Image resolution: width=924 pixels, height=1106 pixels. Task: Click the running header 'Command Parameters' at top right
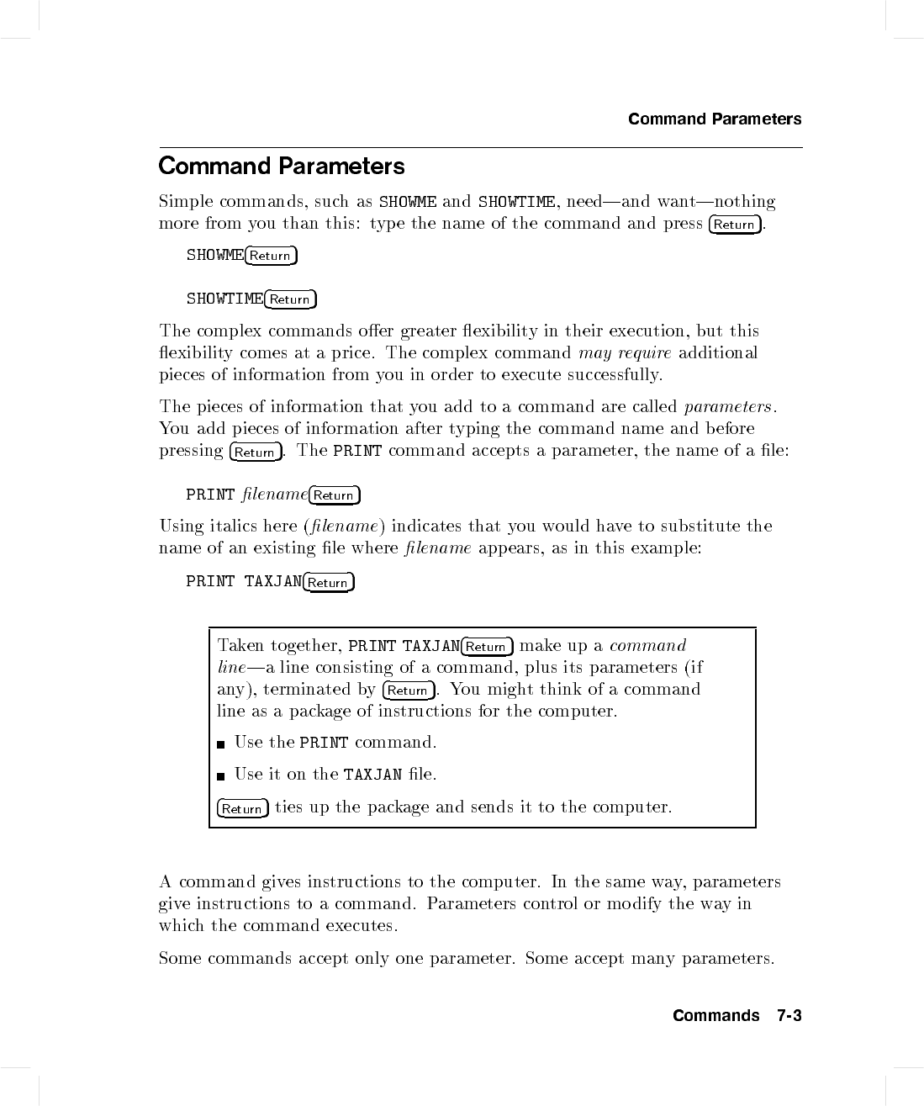tap(715, 119)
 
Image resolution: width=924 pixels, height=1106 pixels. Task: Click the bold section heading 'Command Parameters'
tap(281, 166)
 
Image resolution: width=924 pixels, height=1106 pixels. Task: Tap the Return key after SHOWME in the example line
tap(271, 256)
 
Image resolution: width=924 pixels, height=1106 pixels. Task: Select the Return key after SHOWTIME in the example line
tap(290, 299)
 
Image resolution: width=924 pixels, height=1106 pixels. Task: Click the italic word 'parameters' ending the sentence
tap(727, 407)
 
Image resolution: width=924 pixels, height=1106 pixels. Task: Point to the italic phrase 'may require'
tap(625, 353)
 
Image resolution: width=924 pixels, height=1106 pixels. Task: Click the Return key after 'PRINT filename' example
tap(334, 495)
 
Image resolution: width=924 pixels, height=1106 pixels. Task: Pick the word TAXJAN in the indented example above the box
tap(272, 582)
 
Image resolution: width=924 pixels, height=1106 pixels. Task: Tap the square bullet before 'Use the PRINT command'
tap(221, 744)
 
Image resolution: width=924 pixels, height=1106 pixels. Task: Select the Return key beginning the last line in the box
tap(242, 809)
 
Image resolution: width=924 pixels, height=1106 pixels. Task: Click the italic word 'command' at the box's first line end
tap(647, 646)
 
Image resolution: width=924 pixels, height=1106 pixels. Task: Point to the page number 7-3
tap(789, 1016)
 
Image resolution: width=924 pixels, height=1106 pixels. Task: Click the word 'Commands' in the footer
tap(715, 1016)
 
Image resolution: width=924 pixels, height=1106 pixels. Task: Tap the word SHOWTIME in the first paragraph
tap(516, 202)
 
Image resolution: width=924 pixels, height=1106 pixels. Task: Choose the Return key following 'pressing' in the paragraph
tap(255, 452)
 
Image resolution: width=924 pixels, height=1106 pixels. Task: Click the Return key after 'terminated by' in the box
tap(409, 691)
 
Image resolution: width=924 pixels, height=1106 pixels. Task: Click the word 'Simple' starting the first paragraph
tap(185, 202)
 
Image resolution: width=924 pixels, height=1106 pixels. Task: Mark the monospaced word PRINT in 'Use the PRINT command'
tap(324, 743)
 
